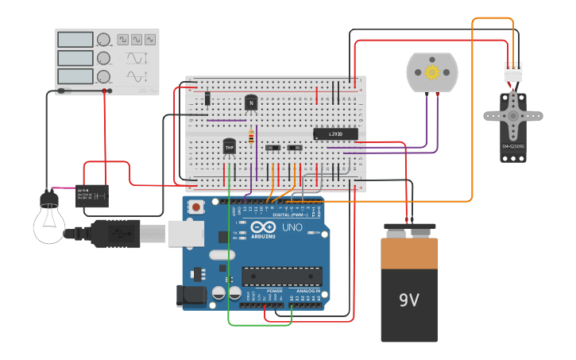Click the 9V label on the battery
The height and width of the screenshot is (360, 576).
(408, 300)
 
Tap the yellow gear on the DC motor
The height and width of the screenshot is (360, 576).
(432, 72)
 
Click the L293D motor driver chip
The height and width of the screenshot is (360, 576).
(335, 134)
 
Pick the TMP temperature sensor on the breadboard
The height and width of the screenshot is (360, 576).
(229, 147)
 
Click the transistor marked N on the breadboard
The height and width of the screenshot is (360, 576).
(251, 103)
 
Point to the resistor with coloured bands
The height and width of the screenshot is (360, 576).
(252, 137)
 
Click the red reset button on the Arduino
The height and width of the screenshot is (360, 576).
(196, 207)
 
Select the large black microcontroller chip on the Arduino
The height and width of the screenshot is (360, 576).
(282, 276)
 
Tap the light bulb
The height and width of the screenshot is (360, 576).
(49, 222)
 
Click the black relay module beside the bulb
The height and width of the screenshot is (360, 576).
(92, 195)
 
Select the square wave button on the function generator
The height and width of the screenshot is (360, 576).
(123, 39)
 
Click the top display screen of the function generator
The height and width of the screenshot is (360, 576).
(75, 39)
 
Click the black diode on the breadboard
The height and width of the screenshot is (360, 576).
(207, 99)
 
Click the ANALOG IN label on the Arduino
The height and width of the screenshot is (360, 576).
(307, 291)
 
